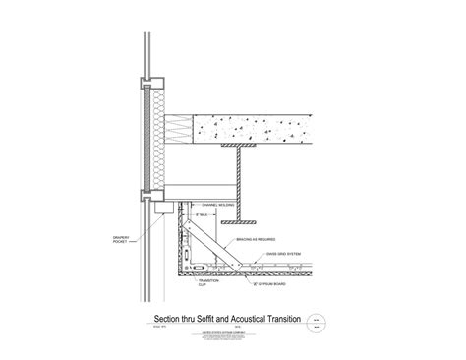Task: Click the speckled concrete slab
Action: [265, 127]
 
